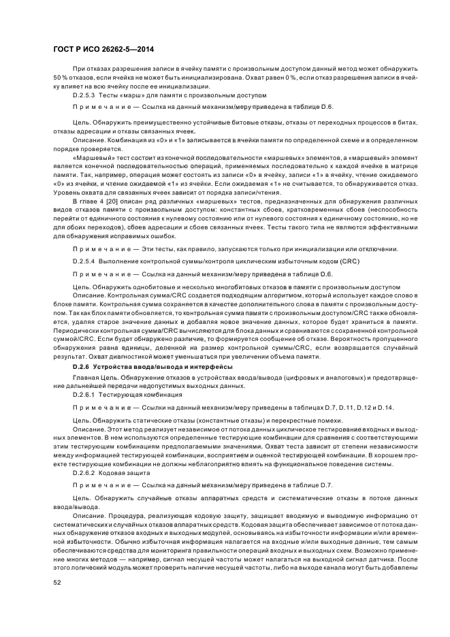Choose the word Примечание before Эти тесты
[101, 249]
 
